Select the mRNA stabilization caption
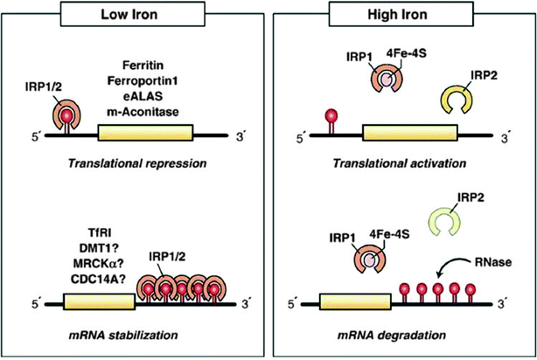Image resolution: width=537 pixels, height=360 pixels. pyautogui.click(x=132, y=333)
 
